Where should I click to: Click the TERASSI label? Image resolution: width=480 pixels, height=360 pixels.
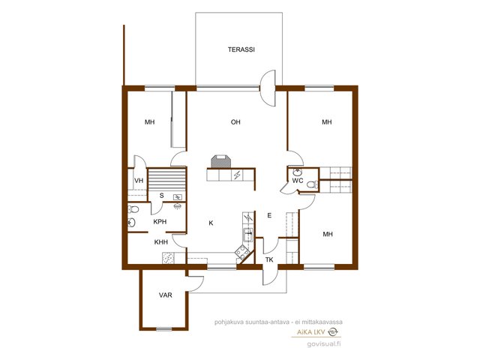(241, 49)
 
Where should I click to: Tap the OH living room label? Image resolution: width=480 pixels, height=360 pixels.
(235, 122)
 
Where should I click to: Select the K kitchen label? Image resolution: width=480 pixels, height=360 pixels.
(211, 223)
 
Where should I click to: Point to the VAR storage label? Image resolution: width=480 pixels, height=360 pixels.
(165, 295)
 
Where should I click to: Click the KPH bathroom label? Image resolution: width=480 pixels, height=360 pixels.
(160, 222)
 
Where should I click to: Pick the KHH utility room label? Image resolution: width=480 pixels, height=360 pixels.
(161, 242)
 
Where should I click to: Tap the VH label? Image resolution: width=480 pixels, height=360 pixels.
(139, 181)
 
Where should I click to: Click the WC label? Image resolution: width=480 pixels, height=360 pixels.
(298, 181)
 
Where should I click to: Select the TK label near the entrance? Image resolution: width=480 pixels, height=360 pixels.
(269, 260)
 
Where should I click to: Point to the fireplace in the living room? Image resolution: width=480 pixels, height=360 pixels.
(220, 161)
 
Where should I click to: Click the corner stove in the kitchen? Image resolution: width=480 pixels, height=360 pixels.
(241, 252)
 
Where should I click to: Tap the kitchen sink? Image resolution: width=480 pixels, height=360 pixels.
(247, 235)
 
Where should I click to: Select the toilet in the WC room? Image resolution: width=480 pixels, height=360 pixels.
(312, 184)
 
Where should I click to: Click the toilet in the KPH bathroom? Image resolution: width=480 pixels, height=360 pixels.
(133, 209)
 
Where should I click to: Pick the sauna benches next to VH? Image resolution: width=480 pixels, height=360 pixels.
(166, 180)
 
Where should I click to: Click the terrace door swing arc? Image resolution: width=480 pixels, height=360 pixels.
(267, 88)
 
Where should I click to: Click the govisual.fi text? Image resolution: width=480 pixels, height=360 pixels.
(324, 343)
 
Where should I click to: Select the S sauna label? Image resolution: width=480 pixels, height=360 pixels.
(162, 196)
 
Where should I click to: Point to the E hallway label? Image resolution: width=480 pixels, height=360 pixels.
(269, 215)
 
